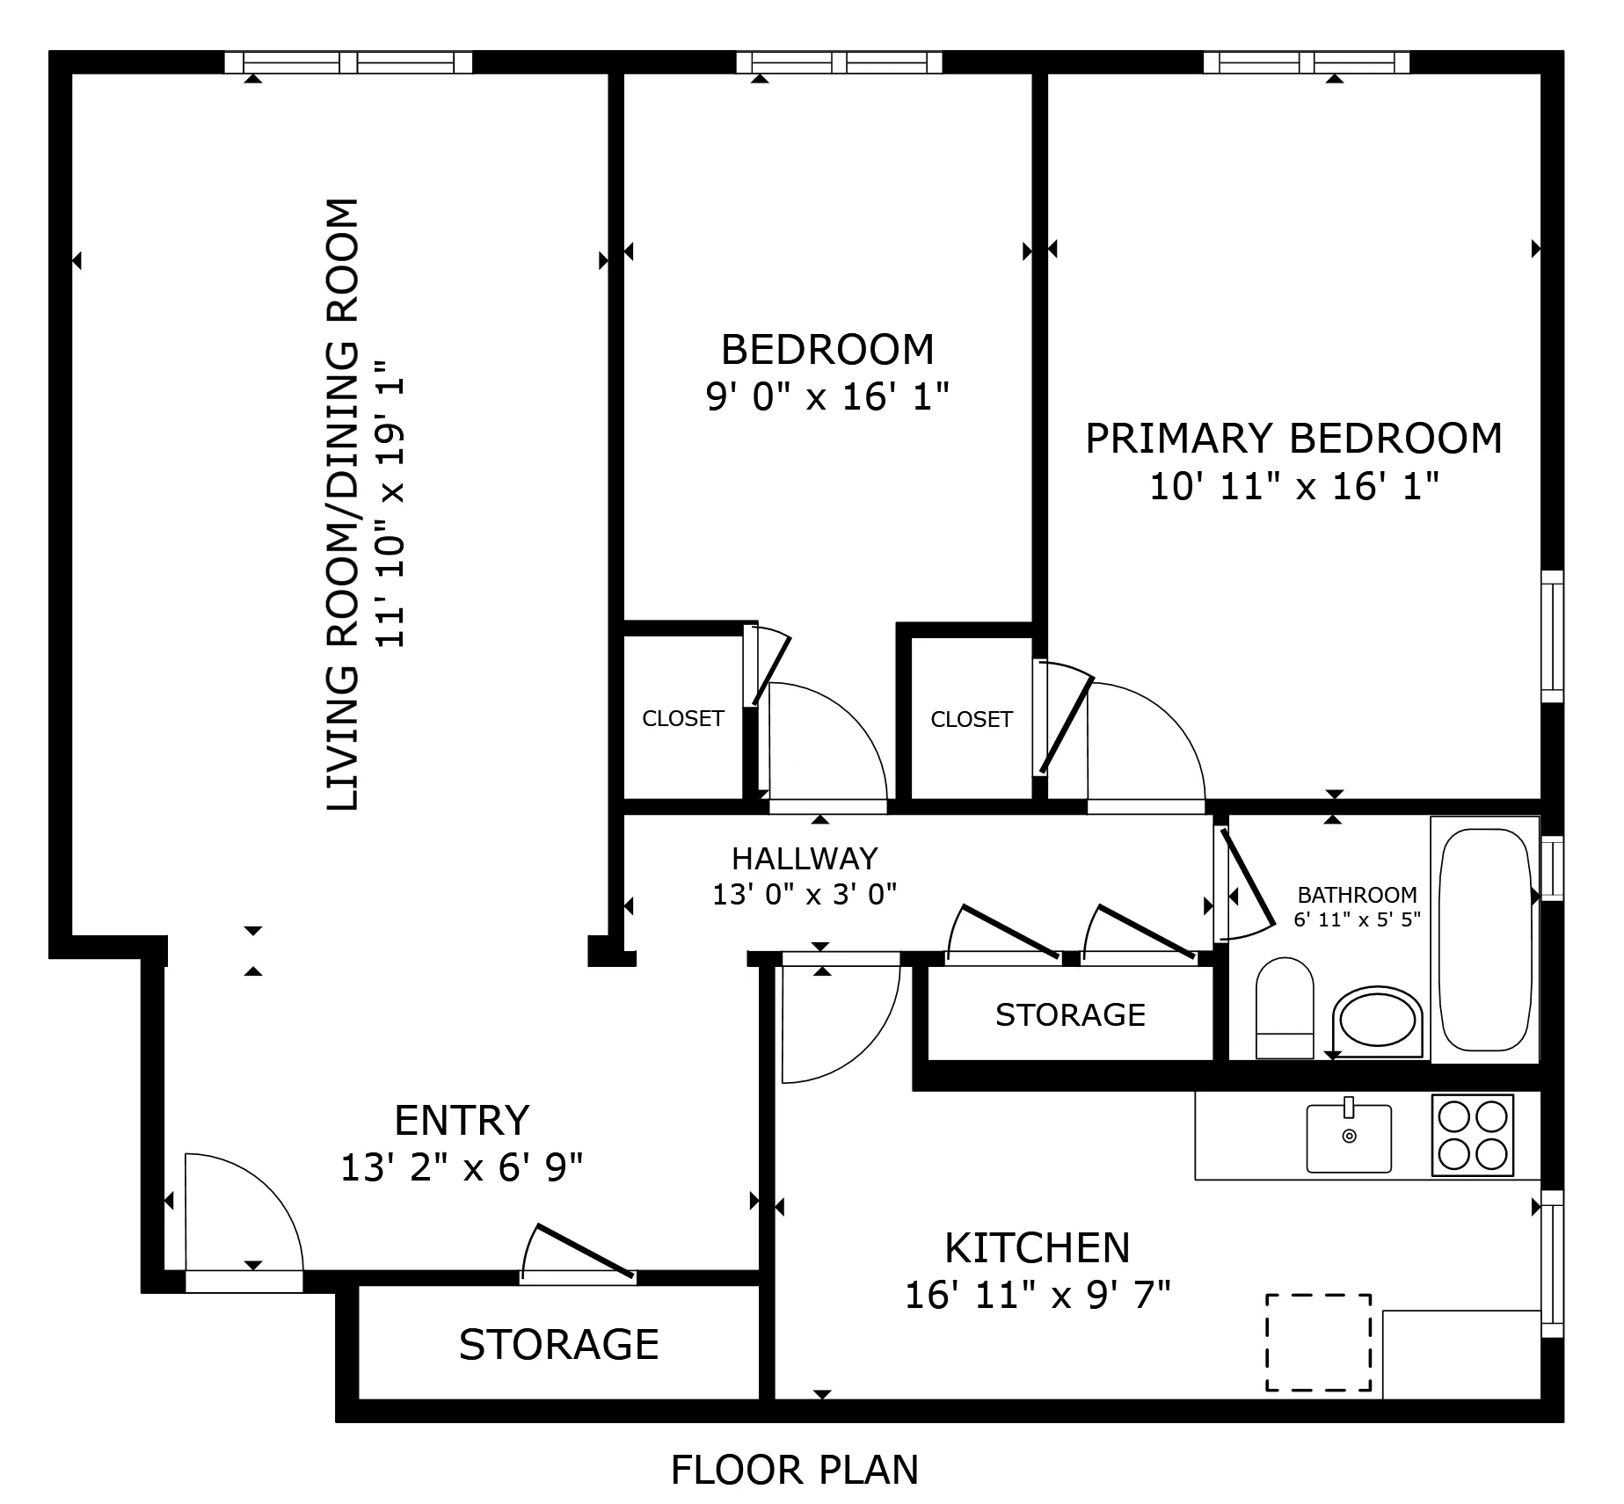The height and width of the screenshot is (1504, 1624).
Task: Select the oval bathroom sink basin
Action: point(1377,1021)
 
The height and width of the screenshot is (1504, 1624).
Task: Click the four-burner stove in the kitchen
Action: point(1473,1135)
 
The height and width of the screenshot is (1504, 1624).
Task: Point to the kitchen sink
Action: point(1349,1138)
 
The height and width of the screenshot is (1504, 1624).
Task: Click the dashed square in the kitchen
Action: point(1318,1342)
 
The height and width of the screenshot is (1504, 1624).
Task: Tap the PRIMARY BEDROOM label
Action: point(1293,439)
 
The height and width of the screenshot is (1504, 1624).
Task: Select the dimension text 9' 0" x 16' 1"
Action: point(827,397)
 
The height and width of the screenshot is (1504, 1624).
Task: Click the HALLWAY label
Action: point(805,858)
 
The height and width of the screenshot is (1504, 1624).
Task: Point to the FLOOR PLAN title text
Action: point(794,1470)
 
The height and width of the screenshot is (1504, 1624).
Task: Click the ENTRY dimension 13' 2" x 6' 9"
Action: point(462,1168)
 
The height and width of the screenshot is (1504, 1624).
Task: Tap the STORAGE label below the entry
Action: point(558,1344)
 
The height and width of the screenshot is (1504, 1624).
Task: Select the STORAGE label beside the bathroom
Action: point(1070,1015)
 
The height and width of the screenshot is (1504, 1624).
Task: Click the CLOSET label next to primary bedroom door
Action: point(972,720)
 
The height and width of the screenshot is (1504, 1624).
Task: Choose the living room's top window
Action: point(348,62)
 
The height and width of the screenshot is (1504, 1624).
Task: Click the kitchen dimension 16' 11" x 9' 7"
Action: point(1038,1295)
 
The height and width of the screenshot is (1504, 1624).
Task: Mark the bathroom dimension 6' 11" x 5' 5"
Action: point(1357,920)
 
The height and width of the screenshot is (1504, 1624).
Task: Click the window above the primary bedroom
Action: point(1306,62)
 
